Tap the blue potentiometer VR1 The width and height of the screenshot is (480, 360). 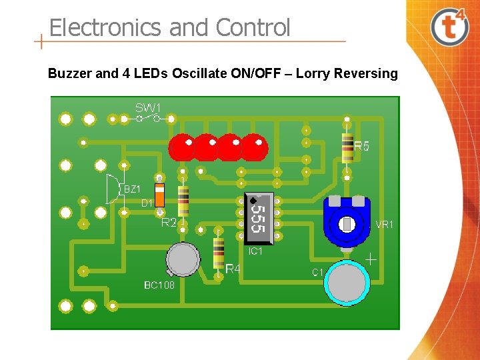(347, 223)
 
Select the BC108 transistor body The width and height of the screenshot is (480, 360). (182, 259)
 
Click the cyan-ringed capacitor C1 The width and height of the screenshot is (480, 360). (347, 283)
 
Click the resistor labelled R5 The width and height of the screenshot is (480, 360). (347, 147)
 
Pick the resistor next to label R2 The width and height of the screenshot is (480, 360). (183, 200)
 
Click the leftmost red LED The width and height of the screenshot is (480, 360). (181, 147)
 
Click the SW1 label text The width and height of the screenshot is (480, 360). (148, 107)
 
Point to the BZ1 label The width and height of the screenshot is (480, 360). (132, 189)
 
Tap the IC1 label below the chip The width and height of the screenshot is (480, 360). (255, 251)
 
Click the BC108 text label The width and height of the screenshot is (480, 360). (159, 285)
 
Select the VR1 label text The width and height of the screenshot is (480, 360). (385, 225)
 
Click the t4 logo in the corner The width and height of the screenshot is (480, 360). (449, 26)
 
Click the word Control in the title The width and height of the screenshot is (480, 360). (253, 28)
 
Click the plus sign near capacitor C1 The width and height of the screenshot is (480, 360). (371, 258)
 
